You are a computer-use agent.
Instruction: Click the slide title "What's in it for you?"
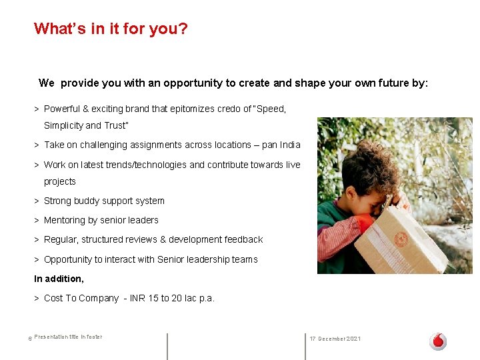[x=111, y=29]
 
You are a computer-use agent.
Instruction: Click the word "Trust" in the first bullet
[x=115, y=125]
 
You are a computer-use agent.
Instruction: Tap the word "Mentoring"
[x=65, y=220]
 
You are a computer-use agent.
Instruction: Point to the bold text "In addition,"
[x=59, y=279]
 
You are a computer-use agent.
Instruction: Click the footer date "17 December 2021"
[x=335, y=339]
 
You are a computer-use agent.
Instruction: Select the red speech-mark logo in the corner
[x=438, y=341]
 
